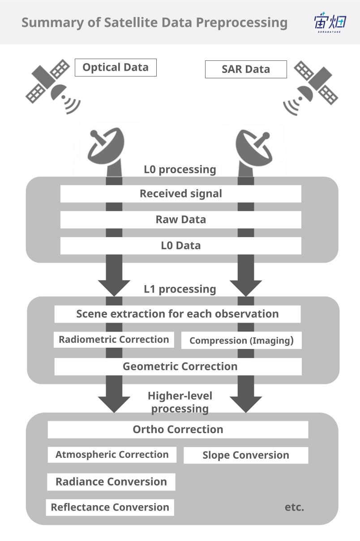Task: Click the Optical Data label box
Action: [x=116, y=68]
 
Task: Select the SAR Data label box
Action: [x=246, y=69]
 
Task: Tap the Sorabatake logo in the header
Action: [x=330, y=23]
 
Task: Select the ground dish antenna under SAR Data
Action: [x=253, y=148]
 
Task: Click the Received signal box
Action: [x=180, y=194]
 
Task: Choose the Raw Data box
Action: [x=180, y=220]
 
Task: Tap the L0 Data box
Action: [x=180, y=246]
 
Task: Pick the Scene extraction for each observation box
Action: [x=177, y=314]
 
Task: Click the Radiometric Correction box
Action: [x=114, y=340]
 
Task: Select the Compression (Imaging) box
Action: [x=241, y=341]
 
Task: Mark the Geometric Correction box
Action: [x=178, y=366]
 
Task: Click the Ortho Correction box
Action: [x=178, y=430]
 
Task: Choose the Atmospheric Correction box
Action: [x=112, y=455]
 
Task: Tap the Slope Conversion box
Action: [x=246, y=455]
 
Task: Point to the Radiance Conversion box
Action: [x=111, y=482]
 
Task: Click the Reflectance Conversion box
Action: [x=110, y=507]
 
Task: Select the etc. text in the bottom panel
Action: [x=294, y=507]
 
